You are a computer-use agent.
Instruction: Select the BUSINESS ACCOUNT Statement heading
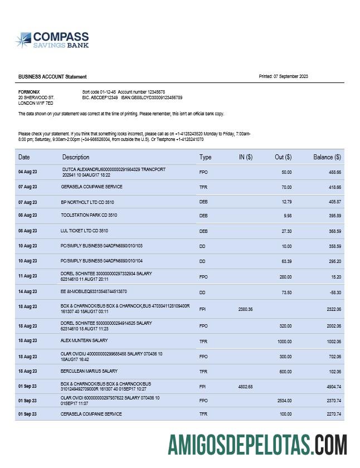tap(52, 77)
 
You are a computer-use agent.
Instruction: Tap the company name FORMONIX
tap(29, 91)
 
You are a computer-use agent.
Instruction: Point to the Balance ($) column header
tap(327, 157)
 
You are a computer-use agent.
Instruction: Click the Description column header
tap(76, 157)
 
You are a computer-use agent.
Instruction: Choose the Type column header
tap(206, 157)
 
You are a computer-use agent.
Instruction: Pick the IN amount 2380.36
tap(246, 309)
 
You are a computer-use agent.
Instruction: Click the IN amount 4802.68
tap(246, 387)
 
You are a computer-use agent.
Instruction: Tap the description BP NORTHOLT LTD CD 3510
tap(87, 202)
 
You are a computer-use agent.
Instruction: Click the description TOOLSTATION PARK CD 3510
tap(89, 215)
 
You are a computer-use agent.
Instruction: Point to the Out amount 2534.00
tap(283, 400)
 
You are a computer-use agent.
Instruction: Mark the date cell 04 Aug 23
tap(27, 172)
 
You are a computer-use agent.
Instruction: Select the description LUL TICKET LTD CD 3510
tap(84, 230)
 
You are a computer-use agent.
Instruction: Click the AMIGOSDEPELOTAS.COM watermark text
tap(257, 445)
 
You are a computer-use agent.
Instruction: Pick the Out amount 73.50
tap(286, 291)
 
